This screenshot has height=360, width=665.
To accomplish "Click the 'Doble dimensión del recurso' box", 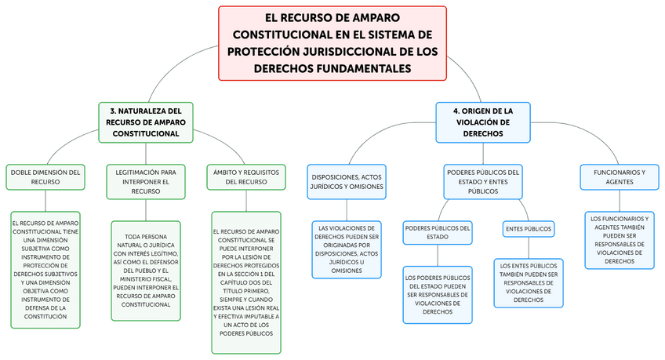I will pos(45,176).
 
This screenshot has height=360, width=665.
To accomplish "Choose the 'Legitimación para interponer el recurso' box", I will pos(145,180).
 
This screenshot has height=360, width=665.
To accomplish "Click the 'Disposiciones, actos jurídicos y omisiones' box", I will pos(347,182).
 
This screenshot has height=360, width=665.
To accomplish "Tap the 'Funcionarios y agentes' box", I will pos(614,176).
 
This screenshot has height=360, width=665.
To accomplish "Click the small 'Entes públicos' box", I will pos(528,229).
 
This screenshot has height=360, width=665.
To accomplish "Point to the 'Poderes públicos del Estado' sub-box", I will pos(438,232).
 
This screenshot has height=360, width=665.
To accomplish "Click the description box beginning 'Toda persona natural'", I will pos(146,271).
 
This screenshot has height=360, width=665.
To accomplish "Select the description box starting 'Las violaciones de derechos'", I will pos(347,249).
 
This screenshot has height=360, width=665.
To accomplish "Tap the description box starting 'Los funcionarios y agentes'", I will pos(620,239).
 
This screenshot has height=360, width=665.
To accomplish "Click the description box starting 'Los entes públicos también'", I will pos(529,282).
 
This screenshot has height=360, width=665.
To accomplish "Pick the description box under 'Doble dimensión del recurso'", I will pos(45,269).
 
